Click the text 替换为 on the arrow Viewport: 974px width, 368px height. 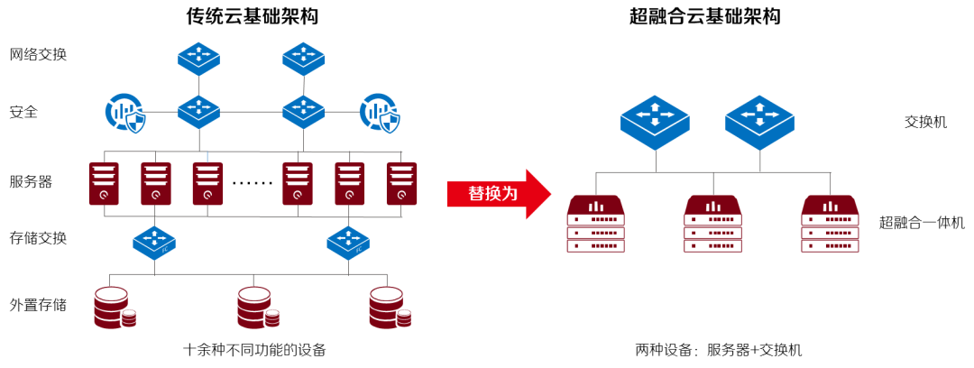[x=492, y=194]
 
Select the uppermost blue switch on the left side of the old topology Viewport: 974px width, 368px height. [x=198, y=60]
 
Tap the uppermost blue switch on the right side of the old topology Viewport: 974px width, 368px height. [x=303, y=60]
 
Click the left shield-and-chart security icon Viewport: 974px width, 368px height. [x=124, y=113]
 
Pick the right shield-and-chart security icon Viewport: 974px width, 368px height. [x=379, y=113]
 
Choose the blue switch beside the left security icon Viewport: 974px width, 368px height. [x=198, y=112]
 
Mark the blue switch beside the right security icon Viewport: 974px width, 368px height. [x=303, y=112]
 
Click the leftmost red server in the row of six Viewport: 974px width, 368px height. [x=104, y=184]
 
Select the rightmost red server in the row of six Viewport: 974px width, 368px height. [x=401, y=184]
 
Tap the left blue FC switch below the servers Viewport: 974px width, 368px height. [x=154, y=244]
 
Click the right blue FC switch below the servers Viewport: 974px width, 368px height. [x=348, y=244]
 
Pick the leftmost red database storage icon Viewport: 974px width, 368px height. [x=114, y=308]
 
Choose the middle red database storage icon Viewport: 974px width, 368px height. [x=257, y=308]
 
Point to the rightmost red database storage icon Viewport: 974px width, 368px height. [x=389, y=308]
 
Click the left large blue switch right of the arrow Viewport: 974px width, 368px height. [x=655, y=123]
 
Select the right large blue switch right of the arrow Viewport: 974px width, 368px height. [x=759, y=123]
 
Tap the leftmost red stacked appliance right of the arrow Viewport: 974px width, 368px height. [x=595, y=224]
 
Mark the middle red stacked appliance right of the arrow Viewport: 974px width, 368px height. [x=712, y=224]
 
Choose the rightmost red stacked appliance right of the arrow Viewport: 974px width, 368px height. [x=830, y=224]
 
